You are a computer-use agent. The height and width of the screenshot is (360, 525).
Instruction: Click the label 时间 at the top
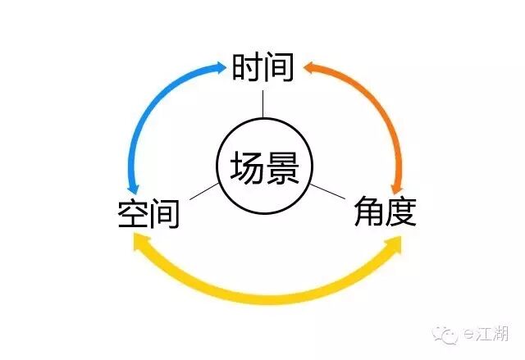pyautogui.click(x=262, y=69)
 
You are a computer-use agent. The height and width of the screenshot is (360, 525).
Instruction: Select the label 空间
pyautogui.click(x=148, y=214)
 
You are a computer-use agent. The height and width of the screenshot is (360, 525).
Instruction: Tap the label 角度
pyautogui.click(x=385, y=212)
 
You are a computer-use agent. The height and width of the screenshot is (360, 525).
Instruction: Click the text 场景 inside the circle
pyautogui.click(x=263, y=169)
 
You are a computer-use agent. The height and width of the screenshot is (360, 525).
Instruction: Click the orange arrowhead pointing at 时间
pyautogui.click(x=308, y=67)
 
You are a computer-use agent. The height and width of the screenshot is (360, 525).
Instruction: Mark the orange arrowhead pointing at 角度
pyautogui.click(x=397, y=187)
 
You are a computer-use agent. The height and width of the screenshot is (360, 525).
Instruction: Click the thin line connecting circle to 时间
pyautogui.click(x=262, y=103)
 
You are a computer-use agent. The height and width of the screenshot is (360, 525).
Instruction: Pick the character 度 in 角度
pyautogui.click(x=401, y=212)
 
